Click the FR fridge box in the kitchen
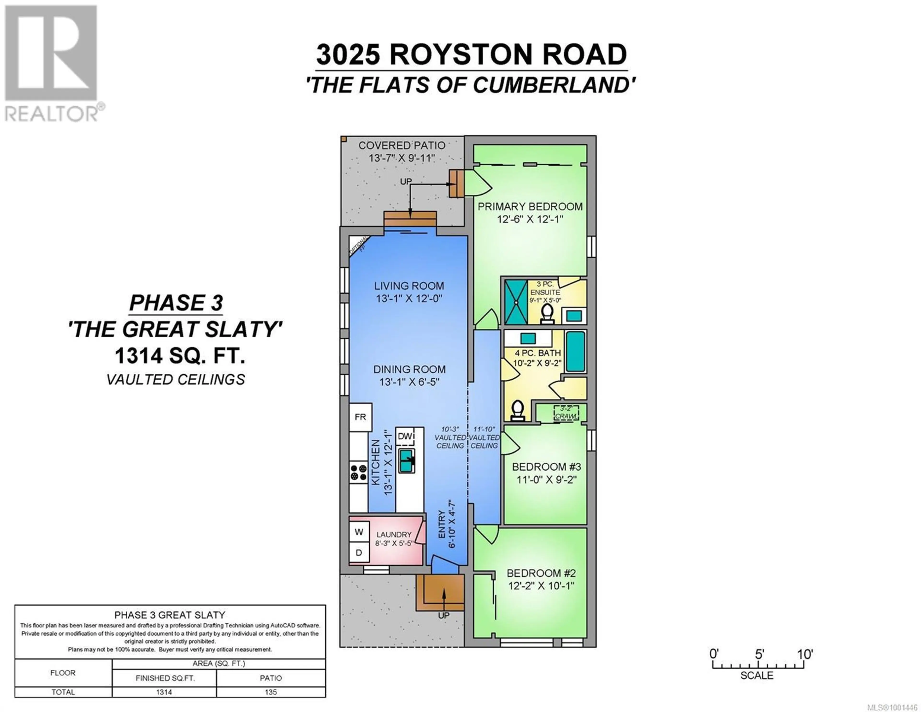(x=360, y=417)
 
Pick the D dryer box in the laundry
(x=359, y=552)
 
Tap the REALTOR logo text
(x=52, y=114)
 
